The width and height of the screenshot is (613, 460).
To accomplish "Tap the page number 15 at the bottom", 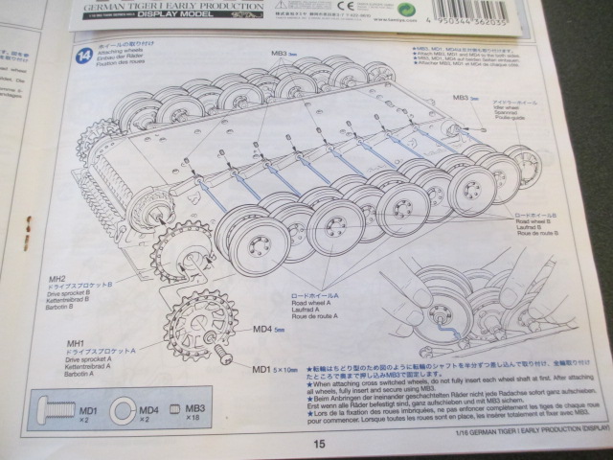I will click(318, 444).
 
